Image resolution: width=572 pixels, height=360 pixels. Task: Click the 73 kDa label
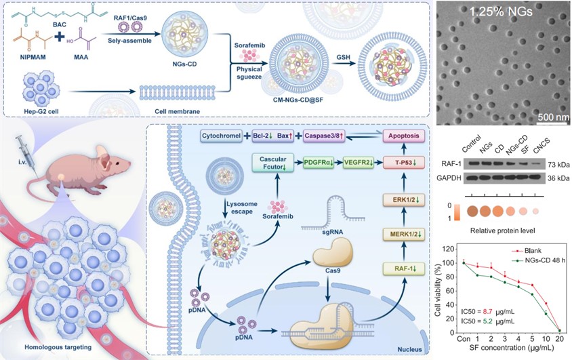pyautogui.click(x=559, y=165)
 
